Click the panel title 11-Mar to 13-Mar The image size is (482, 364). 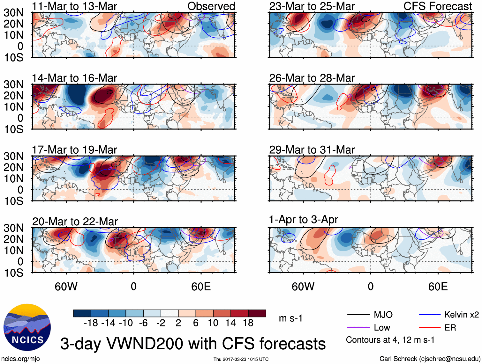point(75,6)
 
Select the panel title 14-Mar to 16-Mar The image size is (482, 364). point(75,78)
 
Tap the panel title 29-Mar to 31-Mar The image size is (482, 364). point(312,149)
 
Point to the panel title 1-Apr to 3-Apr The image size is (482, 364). point(303,220)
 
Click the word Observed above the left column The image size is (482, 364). point(211,6)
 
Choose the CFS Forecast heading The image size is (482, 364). point(437,6)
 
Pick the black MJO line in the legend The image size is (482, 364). point(358,315)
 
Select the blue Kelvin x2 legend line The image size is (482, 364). point(430,315)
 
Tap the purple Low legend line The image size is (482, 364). point(358,327)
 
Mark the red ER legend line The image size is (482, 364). point(430,327)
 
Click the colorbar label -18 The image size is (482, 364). point(91,323)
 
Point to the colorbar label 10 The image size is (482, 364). point(213,323)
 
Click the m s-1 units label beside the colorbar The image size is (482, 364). point(290,318)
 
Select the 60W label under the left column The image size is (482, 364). point(66,287)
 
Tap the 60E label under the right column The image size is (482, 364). point(438,287)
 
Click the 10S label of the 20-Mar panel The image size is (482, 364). point(13,273)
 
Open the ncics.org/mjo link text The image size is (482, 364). point(20,359)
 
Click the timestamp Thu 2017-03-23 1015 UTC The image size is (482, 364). point(241,359)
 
